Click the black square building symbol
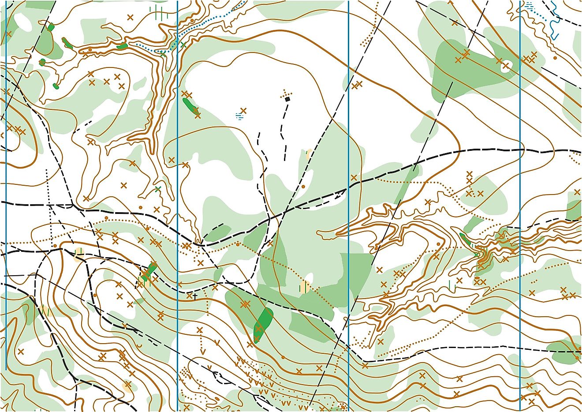[287, 99]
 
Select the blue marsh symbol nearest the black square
[239, 116]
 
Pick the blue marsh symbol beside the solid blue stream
[529, 5]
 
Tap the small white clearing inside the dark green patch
[505, 67]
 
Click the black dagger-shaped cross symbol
[194, 296]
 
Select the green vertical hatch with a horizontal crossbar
[159, 12]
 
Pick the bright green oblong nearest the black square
[190, 106]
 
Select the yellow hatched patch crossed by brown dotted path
[304, 287]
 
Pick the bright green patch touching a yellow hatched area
[150, 270]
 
